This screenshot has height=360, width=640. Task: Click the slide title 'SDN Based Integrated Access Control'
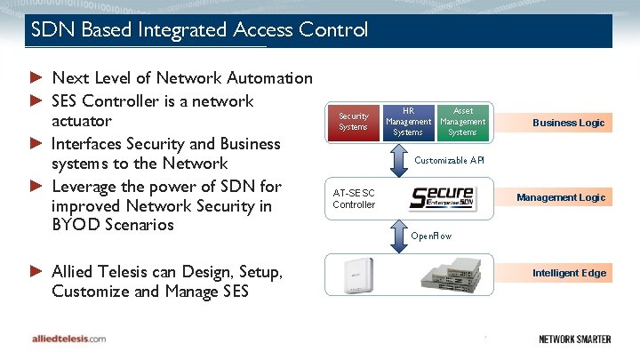click(x=199, y=30)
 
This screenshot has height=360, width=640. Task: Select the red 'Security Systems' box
click(x=353, y=121)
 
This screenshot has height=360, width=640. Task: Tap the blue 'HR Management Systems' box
click(x=408, y=121)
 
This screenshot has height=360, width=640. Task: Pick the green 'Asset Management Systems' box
click(x=462, y=121)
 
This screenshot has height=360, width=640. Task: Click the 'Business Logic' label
click(x=568, y=123)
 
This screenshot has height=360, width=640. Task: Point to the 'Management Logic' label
click(x=561, y=197)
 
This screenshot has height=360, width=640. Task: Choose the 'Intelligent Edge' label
click(x=569, y=273)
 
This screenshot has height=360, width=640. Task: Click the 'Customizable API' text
click(x=449, y=160)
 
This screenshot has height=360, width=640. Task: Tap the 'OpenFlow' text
click(x=431, y=236)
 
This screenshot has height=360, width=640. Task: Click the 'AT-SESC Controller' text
click(x=354, y=198)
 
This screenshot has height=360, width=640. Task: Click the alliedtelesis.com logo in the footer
click(x=68, y=339)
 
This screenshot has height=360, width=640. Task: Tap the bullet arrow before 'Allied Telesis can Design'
click(x=36, y=270)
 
